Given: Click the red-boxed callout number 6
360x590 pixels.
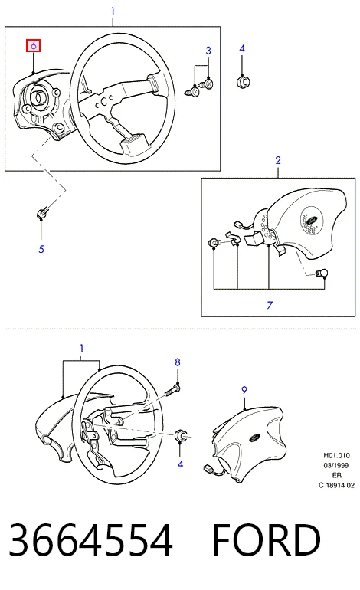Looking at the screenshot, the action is pyautogui.click(x=33, y=45).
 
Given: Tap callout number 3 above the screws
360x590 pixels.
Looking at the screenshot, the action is pyautogui.click(x=208, y=51).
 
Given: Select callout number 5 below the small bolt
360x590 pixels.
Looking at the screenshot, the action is pyautogui.click(x=41, y=249).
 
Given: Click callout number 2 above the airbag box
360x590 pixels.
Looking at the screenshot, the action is pyautogui.click(x=278, y=160).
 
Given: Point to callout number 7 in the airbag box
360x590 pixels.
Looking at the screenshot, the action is pyautogui.click(x=270, y=305).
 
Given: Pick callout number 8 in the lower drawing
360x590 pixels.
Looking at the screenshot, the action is pyautogui.click(x=178, y=362).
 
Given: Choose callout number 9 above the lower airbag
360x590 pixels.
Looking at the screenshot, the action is pyautogui.click(x=244, y=390).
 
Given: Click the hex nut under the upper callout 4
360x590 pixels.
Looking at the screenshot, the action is pyautogui.click(x=243, y=82).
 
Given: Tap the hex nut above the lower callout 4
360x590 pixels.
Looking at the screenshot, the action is pyautogui.click(x=181, y=436).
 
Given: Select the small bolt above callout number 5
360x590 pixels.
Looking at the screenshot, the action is pyautogui.click(x=41, y=214).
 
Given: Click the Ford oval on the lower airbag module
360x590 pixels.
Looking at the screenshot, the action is pyautogui.click(x=254, y=438).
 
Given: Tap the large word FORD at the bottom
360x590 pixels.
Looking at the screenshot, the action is pyautogui.click(x=267, y=540).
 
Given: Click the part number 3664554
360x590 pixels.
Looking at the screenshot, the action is pyautogui.click(x=90, y=540).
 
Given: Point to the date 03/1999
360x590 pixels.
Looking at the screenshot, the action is pyautogui.click(x=336, y=465).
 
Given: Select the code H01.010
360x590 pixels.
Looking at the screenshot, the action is pyautogui.click(x=336, y=456).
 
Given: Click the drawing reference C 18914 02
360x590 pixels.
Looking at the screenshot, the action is pyautogui.click(x=336, y=485).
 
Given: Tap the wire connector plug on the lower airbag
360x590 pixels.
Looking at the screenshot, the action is pyautogui.click(x=208, y=469).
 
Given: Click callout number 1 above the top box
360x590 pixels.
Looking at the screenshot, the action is pyautogui.click(x=113, y=11).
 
